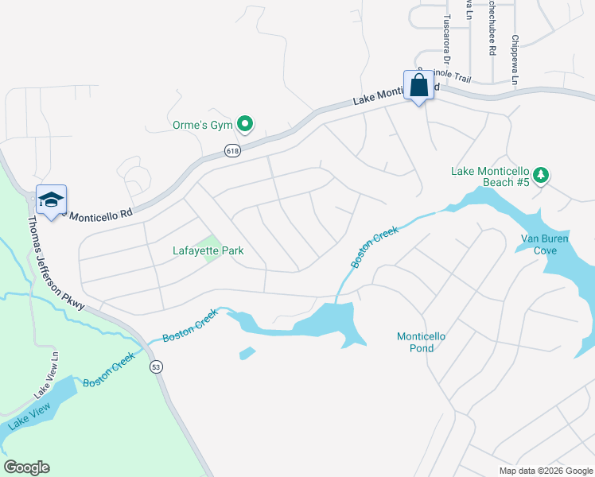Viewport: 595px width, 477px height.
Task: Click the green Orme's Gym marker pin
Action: coord(246,124)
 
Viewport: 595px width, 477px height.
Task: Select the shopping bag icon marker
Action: coord(419,86)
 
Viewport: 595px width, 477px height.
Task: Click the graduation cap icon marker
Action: coord(51,201)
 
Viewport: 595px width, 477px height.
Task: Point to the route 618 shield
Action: coord(232,151)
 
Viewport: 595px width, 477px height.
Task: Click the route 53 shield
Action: coord(157,366)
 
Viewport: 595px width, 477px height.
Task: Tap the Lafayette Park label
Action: coord(208,251)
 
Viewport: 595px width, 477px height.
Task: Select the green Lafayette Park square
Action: coord(210,248)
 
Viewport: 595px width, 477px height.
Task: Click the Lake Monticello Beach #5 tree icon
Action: coord(541,174)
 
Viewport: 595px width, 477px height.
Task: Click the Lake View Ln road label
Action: coord(47,386)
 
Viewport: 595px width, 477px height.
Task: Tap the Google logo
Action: coord(26,467)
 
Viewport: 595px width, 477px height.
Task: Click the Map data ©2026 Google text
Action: coord(545,471)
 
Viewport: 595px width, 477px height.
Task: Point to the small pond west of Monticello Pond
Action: coord(247,352)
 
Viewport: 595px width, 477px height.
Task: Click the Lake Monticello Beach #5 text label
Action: coord(490,176)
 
